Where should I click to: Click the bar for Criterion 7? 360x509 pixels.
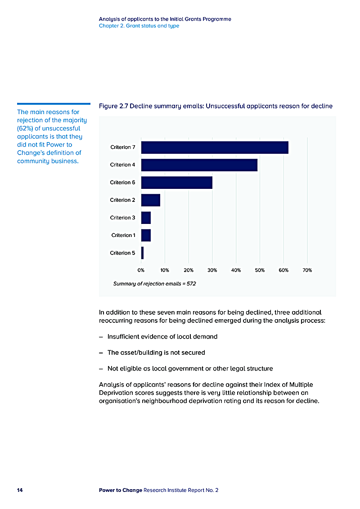(215, 147)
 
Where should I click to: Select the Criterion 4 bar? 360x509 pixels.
(199, 165)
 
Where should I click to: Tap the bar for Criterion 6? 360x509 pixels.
(176, 183)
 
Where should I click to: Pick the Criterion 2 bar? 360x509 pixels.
(151, 200)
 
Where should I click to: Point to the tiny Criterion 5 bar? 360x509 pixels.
(142, 253)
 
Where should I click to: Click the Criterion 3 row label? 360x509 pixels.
(122, 218)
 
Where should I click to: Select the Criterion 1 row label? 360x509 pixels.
(123, 235)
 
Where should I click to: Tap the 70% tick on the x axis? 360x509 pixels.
(307, 270)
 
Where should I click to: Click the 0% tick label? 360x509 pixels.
(141, 270)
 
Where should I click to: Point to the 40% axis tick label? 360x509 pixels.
(236, 270)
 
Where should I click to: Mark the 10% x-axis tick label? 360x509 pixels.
(165, 270)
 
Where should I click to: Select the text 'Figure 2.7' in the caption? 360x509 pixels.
(112, 106)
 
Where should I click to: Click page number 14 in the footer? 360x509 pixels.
(20, 490)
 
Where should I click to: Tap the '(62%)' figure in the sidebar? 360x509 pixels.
(26, 129)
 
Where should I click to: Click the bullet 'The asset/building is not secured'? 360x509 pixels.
(156, 353)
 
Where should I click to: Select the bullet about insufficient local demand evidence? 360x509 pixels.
(162, 336)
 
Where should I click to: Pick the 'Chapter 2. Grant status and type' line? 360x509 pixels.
(139, 26)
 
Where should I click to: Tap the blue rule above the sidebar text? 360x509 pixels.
(54, 104)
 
